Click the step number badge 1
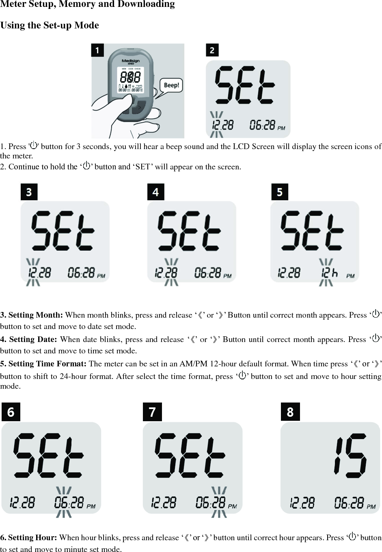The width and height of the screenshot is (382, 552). click(97, 50)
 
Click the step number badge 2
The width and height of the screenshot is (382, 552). click(212, 50)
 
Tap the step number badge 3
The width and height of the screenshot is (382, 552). click(29, 192)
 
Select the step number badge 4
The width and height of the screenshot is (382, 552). click(155, 192)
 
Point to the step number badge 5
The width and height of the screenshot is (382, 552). click(280, 192)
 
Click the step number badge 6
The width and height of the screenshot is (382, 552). click(11, 412)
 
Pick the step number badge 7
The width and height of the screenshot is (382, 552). click(152, 412)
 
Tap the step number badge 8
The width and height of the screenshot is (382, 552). click(290, 412)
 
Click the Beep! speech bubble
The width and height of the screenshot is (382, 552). click(171, 85)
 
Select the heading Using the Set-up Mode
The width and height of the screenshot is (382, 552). click(50, 25)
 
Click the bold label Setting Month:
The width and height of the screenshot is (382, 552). click(32, 315)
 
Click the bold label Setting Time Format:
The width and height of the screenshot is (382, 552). click(43, 364)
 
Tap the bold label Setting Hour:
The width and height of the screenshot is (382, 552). click(28, 538)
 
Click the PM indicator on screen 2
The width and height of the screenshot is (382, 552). click(281, 128)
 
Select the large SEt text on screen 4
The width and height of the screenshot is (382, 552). click(190, 231)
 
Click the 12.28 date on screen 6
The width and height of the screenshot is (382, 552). click(22, 503)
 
